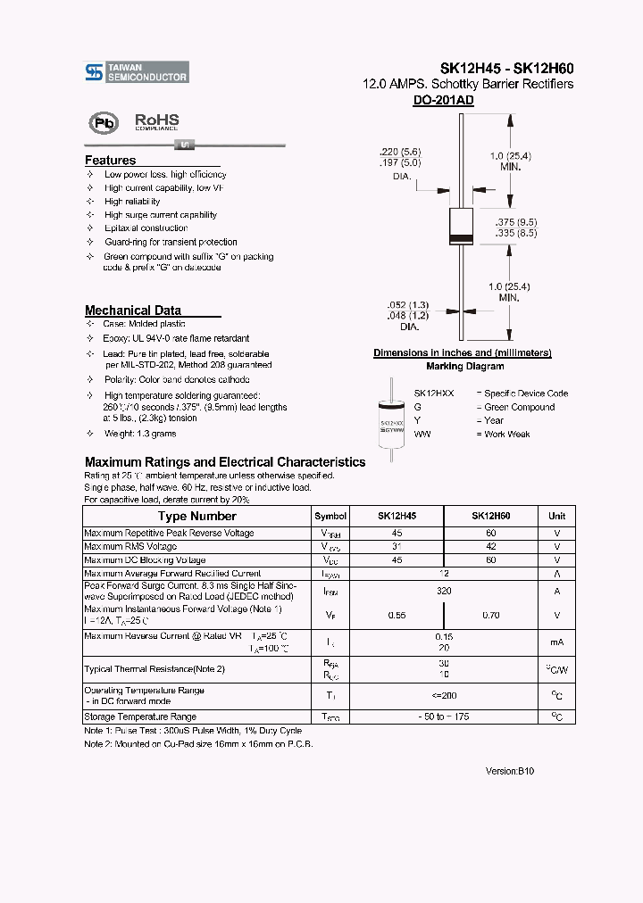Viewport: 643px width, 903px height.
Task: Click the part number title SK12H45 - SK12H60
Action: coord(506,68)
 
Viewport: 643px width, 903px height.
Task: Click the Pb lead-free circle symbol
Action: coord(103,122)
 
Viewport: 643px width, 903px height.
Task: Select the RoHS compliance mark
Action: coord(156,121)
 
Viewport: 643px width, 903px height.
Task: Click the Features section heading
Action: coord(110,161)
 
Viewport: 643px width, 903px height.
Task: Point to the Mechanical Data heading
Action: coord(132,311)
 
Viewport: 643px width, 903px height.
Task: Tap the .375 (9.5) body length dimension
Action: coord(515,220)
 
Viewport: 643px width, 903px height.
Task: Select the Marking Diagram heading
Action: coord(457,366)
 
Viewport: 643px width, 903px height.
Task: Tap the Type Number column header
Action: coord(196,516)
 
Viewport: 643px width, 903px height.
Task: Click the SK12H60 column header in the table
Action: coord(490,516)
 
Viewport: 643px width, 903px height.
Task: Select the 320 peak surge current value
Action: coord(444,591)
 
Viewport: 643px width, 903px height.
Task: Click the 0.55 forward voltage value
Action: coord(397,615)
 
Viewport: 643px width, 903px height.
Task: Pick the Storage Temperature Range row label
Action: coord(139,717)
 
